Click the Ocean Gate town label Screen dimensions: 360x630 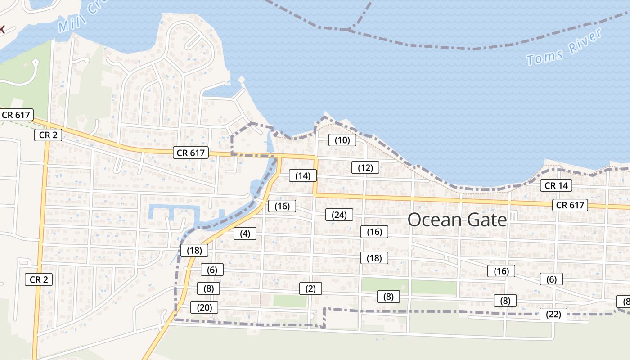[x=457, y=220]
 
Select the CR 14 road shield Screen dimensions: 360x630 [x=556, y=185]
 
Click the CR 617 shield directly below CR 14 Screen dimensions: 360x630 [x=570, y=205]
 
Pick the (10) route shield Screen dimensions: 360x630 [x=342, y=140]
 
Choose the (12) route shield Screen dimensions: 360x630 [x=365, y=168]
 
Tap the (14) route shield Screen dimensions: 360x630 [x=303, y=175]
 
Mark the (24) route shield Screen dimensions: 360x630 [x=339, y=215]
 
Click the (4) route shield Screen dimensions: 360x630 [x=245, y=234]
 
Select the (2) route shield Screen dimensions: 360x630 [x=310, y=288]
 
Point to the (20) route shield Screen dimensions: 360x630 [x=204, y=308]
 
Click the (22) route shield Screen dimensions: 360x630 [x=553, y=314]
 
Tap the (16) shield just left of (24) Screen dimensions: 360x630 [x=282, y=206]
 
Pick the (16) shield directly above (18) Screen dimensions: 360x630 [x=374, y=232]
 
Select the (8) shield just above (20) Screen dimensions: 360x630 [x=208, y=288]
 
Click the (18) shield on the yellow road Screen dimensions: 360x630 [x=194, y=250]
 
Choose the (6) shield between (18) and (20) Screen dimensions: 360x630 [x=212, y=270]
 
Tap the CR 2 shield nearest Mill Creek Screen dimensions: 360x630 [x=48, y=135]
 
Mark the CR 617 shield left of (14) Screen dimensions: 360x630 [x=191, y=153]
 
